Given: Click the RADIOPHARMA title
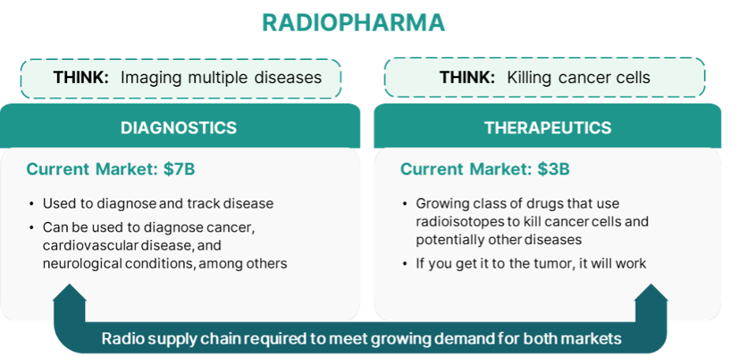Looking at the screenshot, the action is (x=354, y=22).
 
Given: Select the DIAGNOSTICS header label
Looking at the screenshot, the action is (x=178, y=128).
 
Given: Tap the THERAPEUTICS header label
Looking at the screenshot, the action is (x=548, y=128).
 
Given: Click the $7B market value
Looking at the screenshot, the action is (x=179, y=169).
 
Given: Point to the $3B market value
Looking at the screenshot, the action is (x=553, y=169).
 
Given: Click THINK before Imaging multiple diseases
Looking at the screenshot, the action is (x=81, y=77).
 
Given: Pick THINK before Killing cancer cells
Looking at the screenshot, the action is (x=467, y=77).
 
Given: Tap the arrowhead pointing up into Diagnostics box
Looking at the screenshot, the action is (x=69, y=293).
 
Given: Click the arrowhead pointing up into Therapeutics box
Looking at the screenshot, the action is (x=651, y=293).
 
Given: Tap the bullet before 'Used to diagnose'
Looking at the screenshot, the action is (x=32, y=204).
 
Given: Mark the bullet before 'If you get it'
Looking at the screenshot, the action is (x=405, y=264).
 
